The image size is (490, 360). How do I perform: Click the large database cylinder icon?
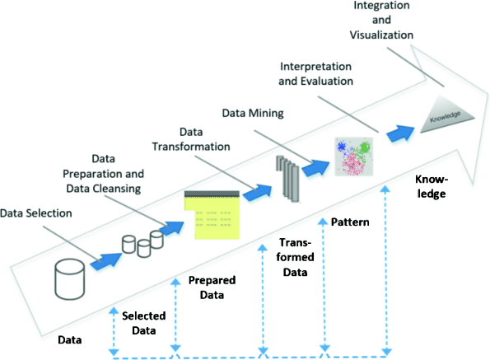tap(70, 281)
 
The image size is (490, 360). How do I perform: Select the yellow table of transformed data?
tap(212, 214)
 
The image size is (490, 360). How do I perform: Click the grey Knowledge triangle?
tap(450, 117)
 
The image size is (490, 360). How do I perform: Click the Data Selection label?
tap(36, 213)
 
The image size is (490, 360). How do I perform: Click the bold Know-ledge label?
tap(430, 186)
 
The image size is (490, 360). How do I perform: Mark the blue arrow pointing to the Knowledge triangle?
tap(401, 132)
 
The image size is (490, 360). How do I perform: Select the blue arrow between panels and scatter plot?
tap(315, 167)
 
